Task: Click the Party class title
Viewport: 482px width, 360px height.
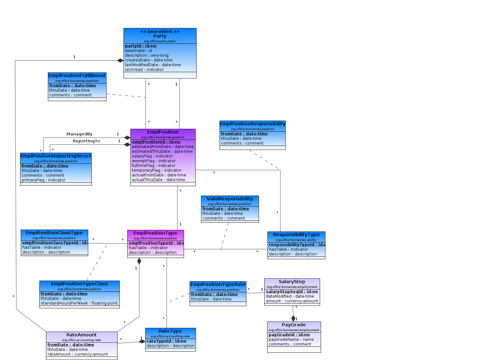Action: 160,36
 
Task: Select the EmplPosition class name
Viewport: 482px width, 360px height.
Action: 163,132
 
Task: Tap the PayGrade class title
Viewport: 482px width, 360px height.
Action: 294,325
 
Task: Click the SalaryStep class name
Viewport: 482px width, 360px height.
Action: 292,282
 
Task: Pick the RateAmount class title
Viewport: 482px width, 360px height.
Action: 81,335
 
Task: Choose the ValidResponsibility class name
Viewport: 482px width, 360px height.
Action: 230,199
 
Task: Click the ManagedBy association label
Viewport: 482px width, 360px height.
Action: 79,134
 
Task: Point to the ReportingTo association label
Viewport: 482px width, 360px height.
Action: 86,141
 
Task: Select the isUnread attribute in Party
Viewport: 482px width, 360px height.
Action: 144,70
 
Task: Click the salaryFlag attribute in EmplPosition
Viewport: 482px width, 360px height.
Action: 152,156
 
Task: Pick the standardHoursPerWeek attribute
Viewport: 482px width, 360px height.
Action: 79,303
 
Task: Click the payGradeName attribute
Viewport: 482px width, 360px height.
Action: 291,340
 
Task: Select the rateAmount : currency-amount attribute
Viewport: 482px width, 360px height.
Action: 77,354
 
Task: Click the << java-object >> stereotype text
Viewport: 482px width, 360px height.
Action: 160,31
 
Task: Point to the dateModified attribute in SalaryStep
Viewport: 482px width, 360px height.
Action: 290,296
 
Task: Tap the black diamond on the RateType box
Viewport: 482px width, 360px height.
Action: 142,341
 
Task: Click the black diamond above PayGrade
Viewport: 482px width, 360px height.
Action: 293,318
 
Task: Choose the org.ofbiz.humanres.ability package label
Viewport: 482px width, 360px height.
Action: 296,240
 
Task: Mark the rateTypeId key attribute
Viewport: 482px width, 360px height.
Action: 166,341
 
